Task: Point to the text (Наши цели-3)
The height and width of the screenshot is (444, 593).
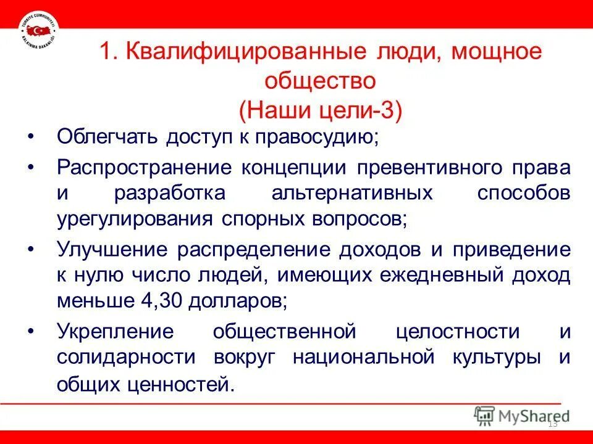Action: pyautogui.click(x=319, y=112)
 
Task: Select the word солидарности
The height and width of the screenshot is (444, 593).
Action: pyautogui.click(x=127, y=358)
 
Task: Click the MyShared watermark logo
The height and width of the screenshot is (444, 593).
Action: pyautogui.click(x=522, y=416)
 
